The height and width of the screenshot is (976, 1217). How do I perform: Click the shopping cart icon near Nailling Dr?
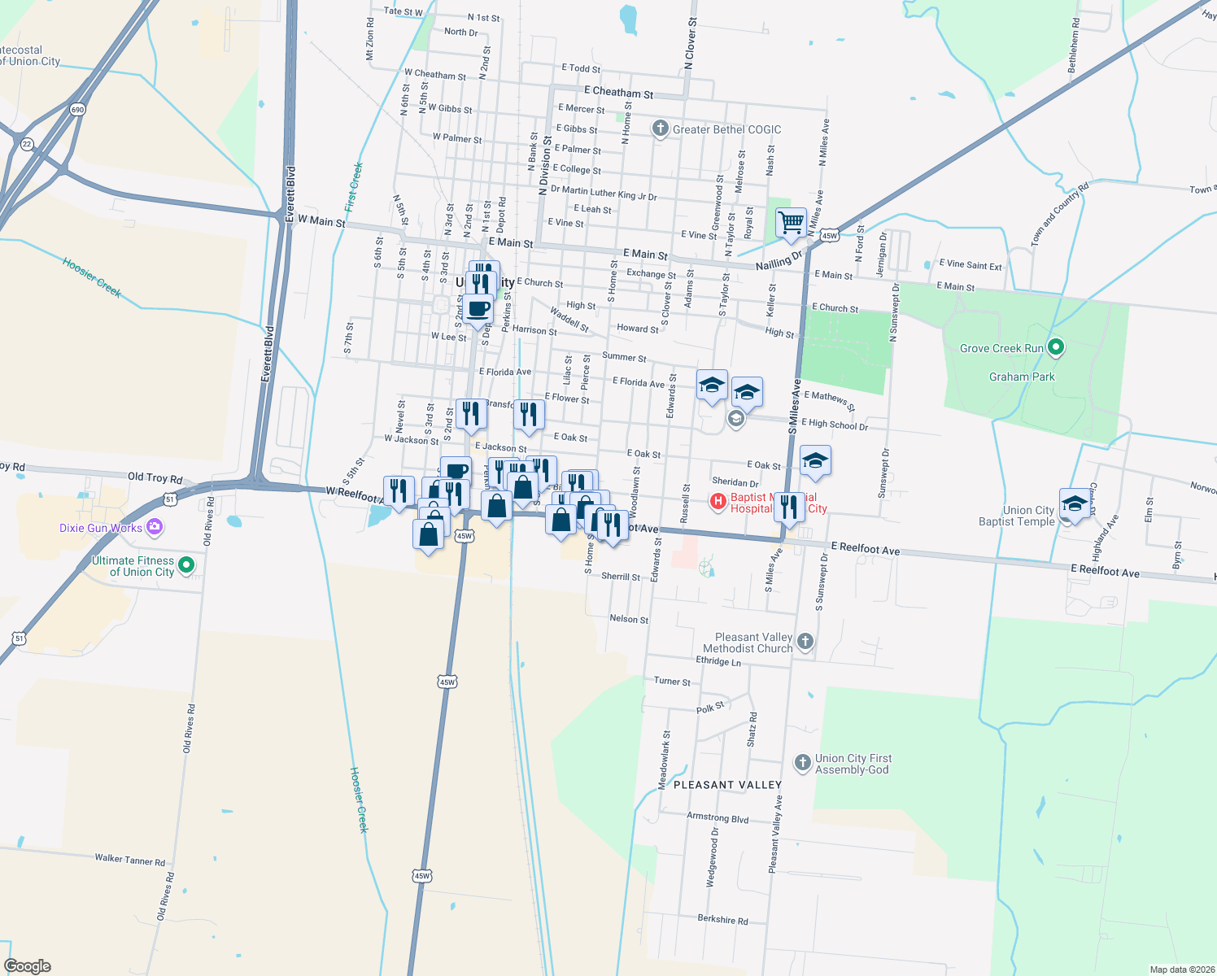(791, 221)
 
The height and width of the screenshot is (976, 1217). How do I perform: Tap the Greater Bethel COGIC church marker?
(661, 129)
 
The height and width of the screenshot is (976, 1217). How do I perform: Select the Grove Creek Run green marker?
(1056, 348)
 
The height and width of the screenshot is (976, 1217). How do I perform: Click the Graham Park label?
(1022, 377)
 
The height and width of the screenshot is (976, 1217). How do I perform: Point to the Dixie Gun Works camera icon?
(155, 527)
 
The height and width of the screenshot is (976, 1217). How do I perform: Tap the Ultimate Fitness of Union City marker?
(186, 565)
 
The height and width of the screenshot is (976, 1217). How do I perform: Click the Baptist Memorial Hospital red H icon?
(718, 502)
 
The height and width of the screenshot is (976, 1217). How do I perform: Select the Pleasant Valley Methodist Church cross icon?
(805, 642)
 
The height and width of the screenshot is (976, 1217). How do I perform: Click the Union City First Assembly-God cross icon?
(803, 763)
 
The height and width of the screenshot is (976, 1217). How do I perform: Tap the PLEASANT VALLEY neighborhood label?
(727, 785)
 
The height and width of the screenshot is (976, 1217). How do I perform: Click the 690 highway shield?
(78, 110)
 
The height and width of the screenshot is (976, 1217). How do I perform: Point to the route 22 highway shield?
(28, 144)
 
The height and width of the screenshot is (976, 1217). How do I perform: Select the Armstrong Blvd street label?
(718, 817)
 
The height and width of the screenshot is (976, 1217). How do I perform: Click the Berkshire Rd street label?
(722, 919)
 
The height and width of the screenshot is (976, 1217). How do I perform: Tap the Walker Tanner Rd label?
(129, 860)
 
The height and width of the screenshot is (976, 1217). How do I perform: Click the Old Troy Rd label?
(155, 478)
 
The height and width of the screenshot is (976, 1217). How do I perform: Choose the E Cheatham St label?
(618, 93)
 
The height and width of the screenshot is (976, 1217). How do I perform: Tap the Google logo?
(28, 966)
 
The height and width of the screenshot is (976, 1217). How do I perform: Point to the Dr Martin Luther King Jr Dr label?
(604, 193)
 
